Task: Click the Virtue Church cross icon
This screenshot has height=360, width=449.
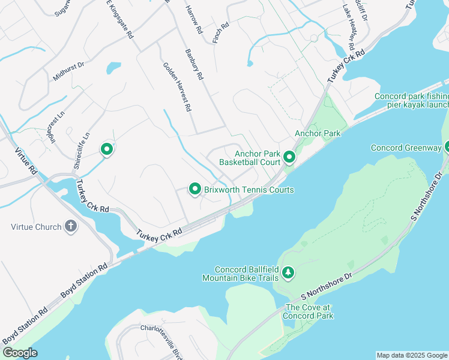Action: [71, 227]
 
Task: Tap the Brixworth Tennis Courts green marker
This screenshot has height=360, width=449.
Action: [194, 190]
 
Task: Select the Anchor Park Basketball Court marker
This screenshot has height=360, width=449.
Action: [289, 158]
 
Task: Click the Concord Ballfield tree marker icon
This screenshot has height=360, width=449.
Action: [289, 273]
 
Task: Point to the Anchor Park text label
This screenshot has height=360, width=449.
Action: [318, 133]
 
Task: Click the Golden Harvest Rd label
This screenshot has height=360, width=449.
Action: [177, 87]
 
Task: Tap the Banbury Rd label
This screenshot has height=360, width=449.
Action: [195, 64]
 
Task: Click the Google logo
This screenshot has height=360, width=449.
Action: [19, 353]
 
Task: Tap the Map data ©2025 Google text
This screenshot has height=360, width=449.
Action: [411, 355]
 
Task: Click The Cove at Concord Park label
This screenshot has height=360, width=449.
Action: [309, 311]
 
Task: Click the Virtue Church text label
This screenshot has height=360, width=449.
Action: [36, 227]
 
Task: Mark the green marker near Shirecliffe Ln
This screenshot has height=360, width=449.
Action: [107, 149]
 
